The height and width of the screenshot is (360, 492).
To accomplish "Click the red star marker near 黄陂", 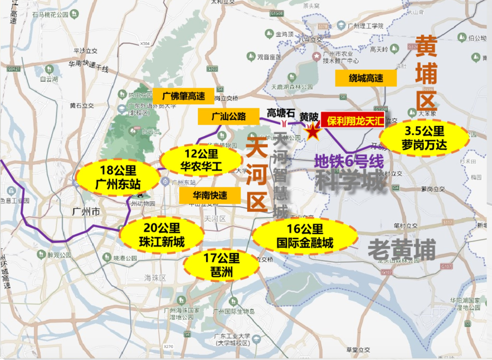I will (312, 131).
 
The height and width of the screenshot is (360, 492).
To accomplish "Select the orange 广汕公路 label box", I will (228, 117).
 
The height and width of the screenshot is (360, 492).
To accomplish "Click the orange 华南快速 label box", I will (210, 196).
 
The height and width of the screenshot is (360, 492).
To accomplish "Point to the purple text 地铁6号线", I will (349, 161).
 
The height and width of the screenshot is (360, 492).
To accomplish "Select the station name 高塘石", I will (281, 113).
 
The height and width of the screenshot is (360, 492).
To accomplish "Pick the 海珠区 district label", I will (155, 278).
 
